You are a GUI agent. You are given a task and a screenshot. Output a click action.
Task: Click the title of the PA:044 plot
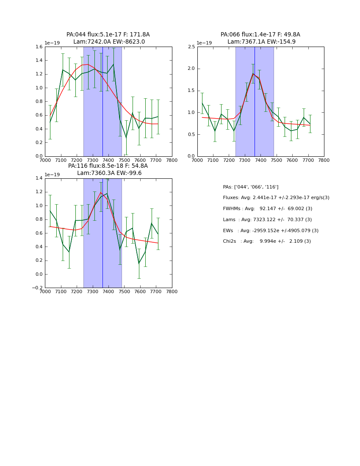(108, 38)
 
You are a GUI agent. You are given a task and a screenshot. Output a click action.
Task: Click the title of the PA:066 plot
(260, 38)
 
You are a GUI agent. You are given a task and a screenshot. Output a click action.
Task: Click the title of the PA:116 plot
(108, 169)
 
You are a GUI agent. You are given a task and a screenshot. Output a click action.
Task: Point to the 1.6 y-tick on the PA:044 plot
(38, 47)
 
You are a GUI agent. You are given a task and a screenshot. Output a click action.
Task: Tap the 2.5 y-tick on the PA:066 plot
(191, 47)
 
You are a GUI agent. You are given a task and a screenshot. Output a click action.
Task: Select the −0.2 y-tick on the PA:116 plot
(37, 288)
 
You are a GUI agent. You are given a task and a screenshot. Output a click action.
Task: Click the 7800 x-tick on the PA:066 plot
(324, 160)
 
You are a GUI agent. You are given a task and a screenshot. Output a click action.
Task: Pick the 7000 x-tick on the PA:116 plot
(45, 291)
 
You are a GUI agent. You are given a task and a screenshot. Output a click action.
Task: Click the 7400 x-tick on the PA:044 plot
(108, 160)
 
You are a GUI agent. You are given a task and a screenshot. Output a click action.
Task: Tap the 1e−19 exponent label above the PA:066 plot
(204, 43)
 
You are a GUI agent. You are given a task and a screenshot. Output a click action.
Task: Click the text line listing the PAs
(251, 187)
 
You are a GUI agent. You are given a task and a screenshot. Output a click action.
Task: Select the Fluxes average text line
(276, 198)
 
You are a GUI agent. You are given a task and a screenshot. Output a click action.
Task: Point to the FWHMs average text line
(268, 209)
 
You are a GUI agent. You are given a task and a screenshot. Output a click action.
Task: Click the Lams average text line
(267, 220)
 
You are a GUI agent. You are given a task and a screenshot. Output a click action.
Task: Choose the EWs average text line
(271, 231)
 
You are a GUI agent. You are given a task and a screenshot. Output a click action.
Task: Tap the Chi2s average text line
(267, 241)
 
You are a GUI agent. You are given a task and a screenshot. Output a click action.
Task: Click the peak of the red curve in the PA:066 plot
(253, 74)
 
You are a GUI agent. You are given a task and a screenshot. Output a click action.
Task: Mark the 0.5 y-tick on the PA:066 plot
(191, 134)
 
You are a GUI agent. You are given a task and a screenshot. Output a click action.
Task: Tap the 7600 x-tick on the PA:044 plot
(140, 160)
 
